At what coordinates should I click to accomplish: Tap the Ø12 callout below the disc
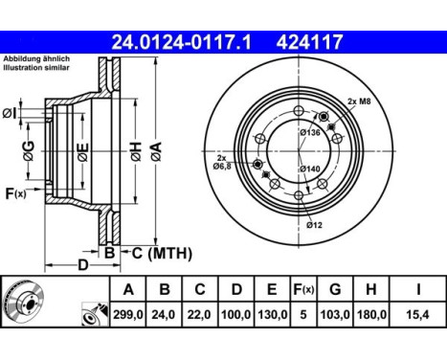[x=315, y=225]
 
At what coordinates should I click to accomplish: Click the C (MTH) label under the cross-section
[x=162, y=253]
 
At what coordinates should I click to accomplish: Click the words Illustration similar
[x=36, y=71]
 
